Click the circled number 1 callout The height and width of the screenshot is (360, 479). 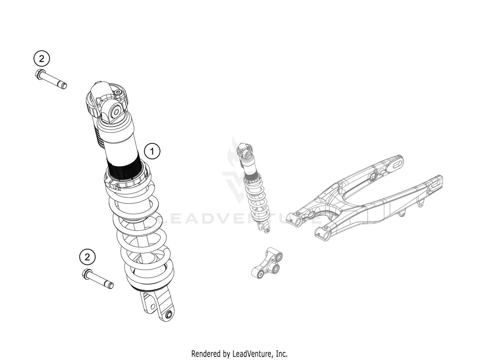pos(152,151)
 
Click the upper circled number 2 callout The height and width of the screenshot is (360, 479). pos(41,59)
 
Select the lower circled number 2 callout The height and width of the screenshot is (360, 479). pos(87,257)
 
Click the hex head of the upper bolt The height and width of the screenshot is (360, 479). pos(39,74)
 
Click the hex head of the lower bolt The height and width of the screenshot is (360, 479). pos(87,273)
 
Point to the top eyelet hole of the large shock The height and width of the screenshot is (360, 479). pos(116,112)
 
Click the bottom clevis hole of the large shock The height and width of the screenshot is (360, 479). pos(169,315)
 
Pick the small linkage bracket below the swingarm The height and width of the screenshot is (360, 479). pos(267,264)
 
